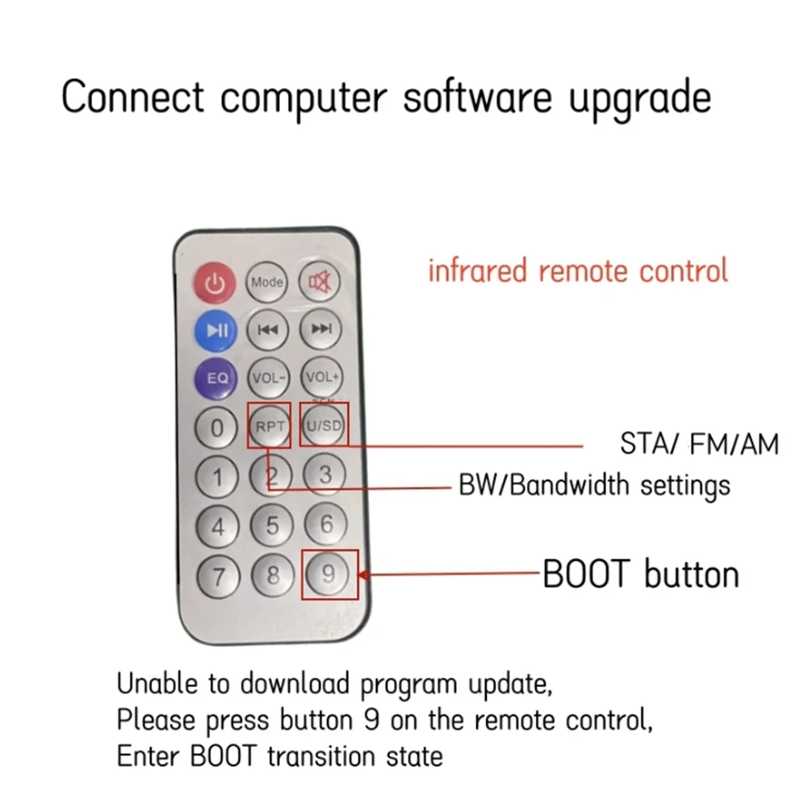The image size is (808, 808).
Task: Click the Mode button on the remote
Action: pyautogui.click(x=266, y=282)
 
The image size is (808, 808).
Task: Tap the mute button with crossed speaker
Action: pyautogui.click(x=320, y=282)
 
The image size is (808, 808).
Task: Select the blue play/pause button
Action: pyautogui.click(x=216, y=330)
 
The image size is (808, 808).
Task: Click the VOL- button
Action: pyautogui.click(x=269, y=378)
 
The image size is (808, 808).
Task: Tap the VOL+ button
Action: pyautogui.click(x=322, y=377)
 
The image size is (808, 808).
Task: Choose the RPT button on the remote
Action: pyautogui.click(x=270, y=426)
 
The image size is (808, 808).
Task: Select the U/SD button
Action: pyautogui.click(x=324, y=425)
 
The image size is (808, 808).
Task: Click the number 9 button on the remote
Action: pyautogui.click(x=327, y=574)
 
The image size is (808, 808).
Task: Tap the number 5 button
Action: pyautogui.click(x=272, y=525)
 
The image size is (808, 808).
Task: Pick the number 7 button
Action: pyautogui.click(x=219, y=576)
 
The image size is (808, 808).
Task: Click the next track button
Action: pyautogui.click(x=320, y=329)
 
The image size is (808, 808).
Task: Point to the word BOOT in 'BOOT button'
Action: pyautogui.click(x=586, y=574)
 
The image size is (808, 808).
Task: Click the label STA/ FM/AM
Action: pyautogui.click(x=699, y=444)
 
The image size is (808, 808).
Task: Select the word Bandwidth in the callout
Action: pyautogui.click(x=569, y=485)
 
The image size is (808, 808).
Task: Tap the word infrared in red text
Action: pyautogui.click(x=478, y=270)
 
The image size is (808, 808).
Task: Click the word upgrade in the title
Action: pyautogui.click(x=640, y=99)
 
